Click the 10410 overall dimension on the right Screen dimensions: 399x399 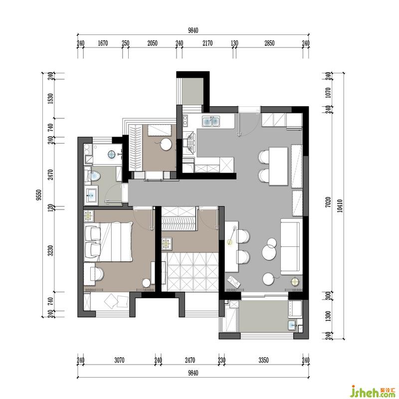click(341, 206)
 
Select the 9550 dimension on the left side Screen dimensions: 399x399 click(39, 195)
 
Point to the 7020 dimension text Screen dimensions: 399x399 click(328, 202)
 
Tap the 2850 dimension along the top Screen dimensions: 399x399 click(269, 43)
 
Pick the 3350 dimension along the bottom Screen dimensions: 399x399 click(263, 360)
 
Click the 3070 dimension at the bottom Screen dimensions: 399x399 click(119, 360)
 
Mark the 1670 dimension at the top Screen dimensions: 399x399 click(103, 43)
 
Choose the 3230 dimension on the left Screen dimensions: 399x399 click(51, 251)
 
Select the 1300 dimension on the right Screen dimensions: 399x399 click(328, 316)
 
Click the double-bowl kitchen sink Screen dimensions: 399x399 click(211, 121)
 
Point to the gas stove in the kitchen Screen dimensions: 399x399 click(191, 143)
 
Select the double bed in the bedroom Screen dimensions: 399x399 click(109, 242)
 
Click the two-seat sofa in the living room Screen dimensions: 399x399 click(291, 246)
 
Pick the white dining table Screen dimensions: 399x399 click(278, 166)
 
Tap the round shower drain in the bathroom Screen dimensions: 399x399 click(112, 154)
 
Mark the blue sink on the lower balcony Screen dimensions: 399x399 click(292, 325)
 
